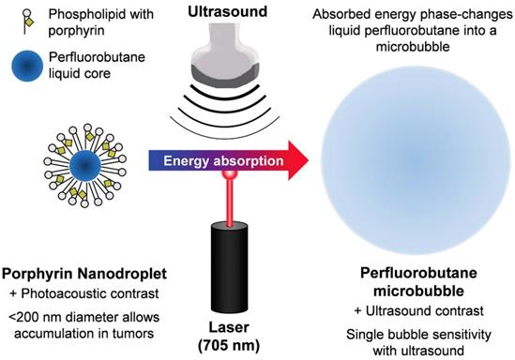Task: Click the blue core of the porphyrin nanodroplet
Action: [84, 165]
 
